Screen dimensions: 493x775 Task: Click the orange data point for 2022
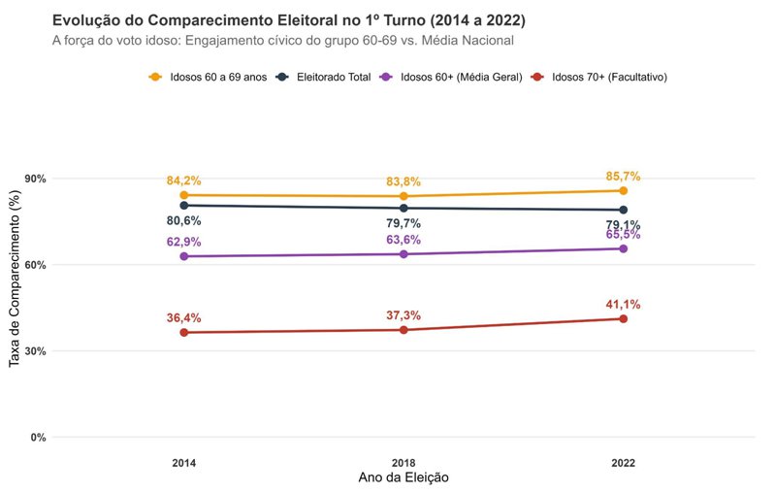[x=623, y=190]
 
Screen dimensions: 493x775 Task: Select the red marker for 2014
[x=183, y=333]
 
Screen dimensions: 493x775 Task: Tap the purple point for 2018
[x=404, y=254]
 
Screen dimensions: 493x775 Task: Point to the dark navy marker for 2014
[x=183, y=205]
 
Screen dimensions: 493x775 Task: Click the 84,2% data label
[x=183, y=181]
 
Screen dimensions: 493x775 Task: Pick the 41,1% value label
[x=623, y=305]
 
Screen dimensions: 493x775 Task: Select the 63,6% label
[x=404, y=240]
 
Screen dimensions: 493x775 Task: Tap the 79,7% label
[x=404, y=224]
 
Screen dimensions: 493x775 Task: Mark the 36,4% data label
[x=183, y=318]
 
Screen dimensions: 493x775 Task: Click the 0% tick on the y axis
[x=38, y=438]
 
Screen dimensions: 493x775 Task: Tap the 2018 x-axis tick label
[x=404, y=463]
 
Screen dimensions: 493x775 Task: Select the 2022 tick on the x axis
[x=623, y=463]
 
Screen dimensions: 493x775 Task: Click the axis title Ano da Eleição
[x=404, y=478]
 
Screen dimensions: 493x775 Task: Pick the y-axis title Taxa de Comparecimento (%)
[x=15, y=279]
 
